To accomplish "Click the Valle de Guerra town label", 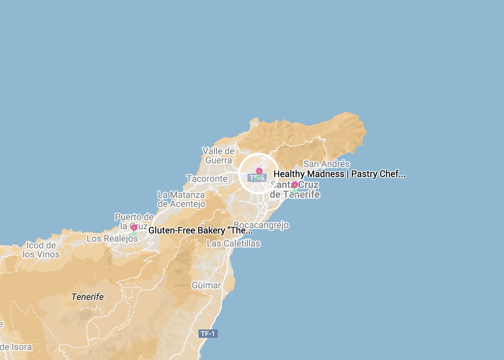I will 218,156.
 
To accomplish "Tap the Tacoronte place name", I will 207,179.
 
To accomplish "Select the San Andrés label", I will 327,164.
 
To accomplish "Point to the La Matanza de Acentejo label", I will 182,200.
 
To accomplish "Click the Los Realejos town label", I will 112,239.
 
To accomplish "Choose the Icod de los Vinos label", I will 41,250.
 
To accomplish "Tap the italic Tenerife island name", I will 88,297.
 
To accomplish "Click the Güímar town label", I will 206,285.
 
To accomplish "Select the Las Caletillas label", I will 234,244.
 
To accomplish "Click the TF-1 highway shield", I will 208,334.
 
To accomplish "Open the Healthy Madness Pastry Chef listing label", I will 339,174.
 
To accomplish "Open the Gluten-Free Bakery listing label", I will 200,230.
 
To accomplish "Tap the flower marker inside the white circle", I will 259,171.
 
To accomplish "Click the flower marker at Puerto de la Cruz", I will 134,227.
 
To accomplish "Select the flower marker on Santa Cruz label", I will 295,185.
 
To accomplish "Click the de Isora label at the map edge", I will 16,347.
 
